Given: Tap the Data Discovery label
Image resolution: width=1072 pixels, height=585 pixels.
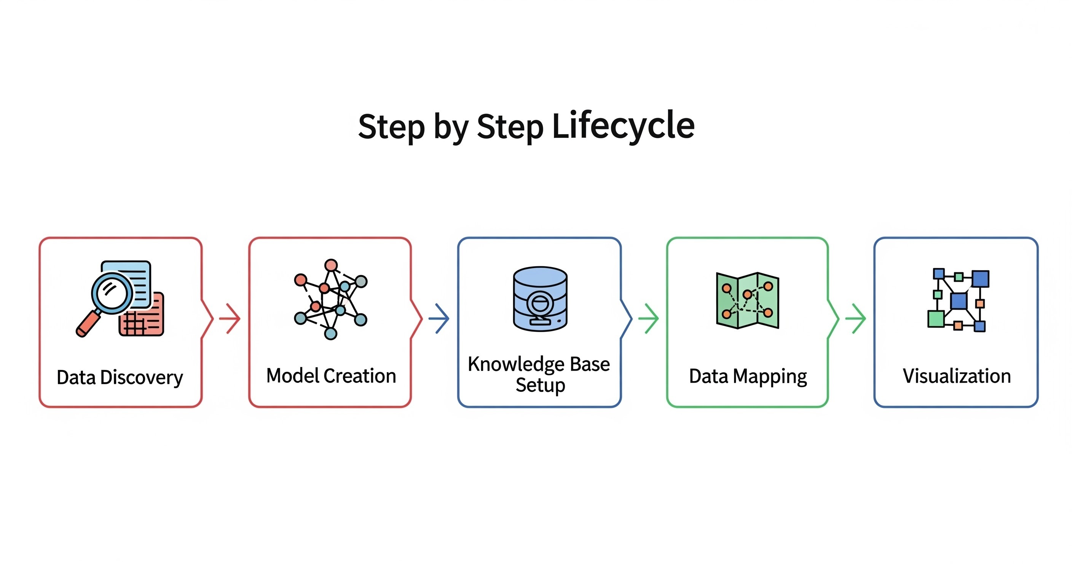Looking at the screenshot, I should coord(120,377).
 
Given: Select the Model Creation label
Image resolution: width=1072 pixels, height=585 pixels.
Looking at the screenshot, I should coord(331,376).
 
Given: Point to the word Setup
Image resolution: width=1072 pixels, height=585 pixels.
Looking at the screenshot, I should coord(540,385).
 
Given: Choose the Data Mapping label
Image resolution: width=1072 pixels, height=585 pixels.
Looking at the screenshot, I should coord(748,376).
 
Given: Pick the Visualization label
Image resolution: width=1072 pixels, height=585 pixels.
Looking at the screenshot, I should coord(956,376).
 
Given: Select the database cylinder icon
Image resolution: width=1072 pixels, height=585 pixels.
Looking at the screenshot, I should coord(540,299).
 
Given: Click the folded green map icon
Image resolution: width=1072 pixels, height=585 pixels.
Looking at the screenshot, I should coord(747,300).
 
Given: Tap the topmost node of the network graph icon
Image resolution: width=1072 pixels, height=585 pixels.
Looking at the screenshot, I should coord(331,265).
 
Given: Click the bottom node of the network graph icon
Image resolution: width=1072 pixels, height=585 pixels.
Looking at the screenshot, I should coord(330,334).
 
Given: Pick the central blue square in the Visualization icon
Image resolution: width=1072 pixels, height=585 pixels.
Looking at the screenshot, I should coord(959,300).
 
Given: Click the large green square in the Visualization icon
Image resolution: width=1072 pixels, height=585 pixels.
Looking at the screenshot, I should coord(936,319).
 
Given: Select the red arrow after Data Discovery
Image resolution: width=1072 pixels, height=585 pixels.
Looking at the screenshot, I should coord(230,318).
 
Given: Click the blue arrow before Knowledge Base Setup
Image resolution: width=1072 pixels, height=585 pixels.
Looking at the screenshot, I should coord(439,318).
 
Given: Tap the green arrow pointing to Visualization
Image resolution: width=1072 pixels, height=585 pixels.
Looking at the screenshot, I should coord(856,318).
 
